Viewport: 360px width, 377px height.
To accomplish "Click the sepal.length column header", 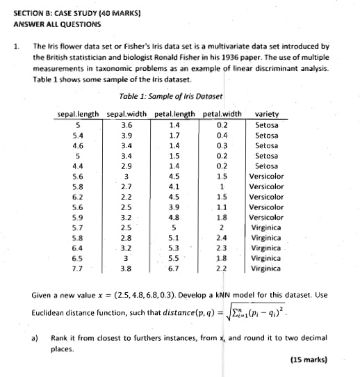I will point(78,114).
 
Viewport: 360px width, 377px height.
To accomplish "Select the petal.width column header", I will point(221,114).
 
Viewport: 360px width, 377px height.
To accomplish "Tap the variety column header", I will point(268,114).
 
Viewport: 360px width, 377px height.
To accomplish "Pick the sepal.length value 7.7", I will point(79,267).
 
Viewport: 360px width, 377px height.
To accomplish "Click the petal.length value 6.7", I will point(174,267).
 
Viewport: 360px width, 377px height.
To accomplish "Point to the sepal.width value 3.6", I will point(126,125).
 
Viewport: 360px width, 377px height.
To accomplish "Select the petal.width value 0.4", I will point(222,135).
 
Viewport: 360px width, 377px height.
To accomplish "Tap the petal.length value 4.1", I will point(174,186).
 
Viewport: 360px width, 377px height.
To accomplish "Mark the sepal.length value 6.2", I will point(79,196).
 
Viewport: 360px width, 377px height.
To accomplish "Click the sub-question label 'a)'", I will point(35,337).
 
